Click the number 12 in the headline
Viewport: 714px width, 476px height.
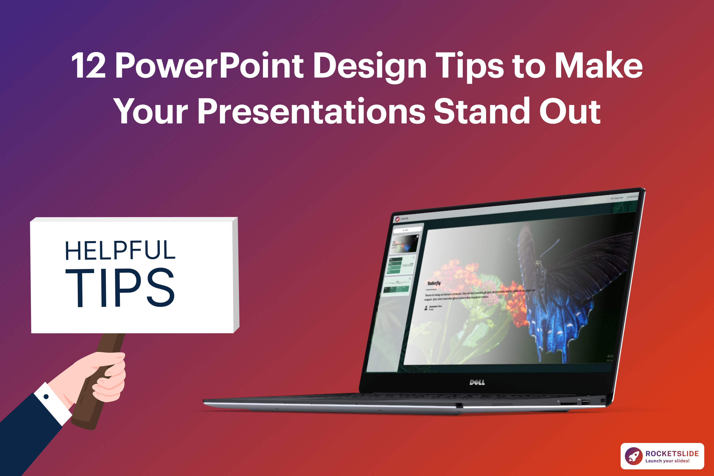tap(88, 66)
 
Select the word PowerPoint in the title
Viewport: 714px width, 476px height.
tap(209, 66)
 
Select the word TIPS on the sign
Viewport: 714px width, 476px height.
tap(120, 288)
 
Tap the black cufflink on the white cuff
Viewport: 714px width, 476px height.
tap(46, 396)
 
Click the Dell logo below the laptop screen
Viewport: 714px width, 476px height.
tap(477, 382)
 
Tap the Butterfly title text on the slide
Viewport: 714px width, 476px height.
tap(434, 283)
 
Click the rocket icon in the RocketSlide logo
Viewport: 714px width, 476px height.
tap(634, 456)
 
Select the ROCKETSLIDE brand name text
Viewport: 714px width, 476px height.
tap(672, 453)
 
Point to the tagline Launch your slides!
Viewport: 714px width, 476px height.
tap(667, 461)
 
